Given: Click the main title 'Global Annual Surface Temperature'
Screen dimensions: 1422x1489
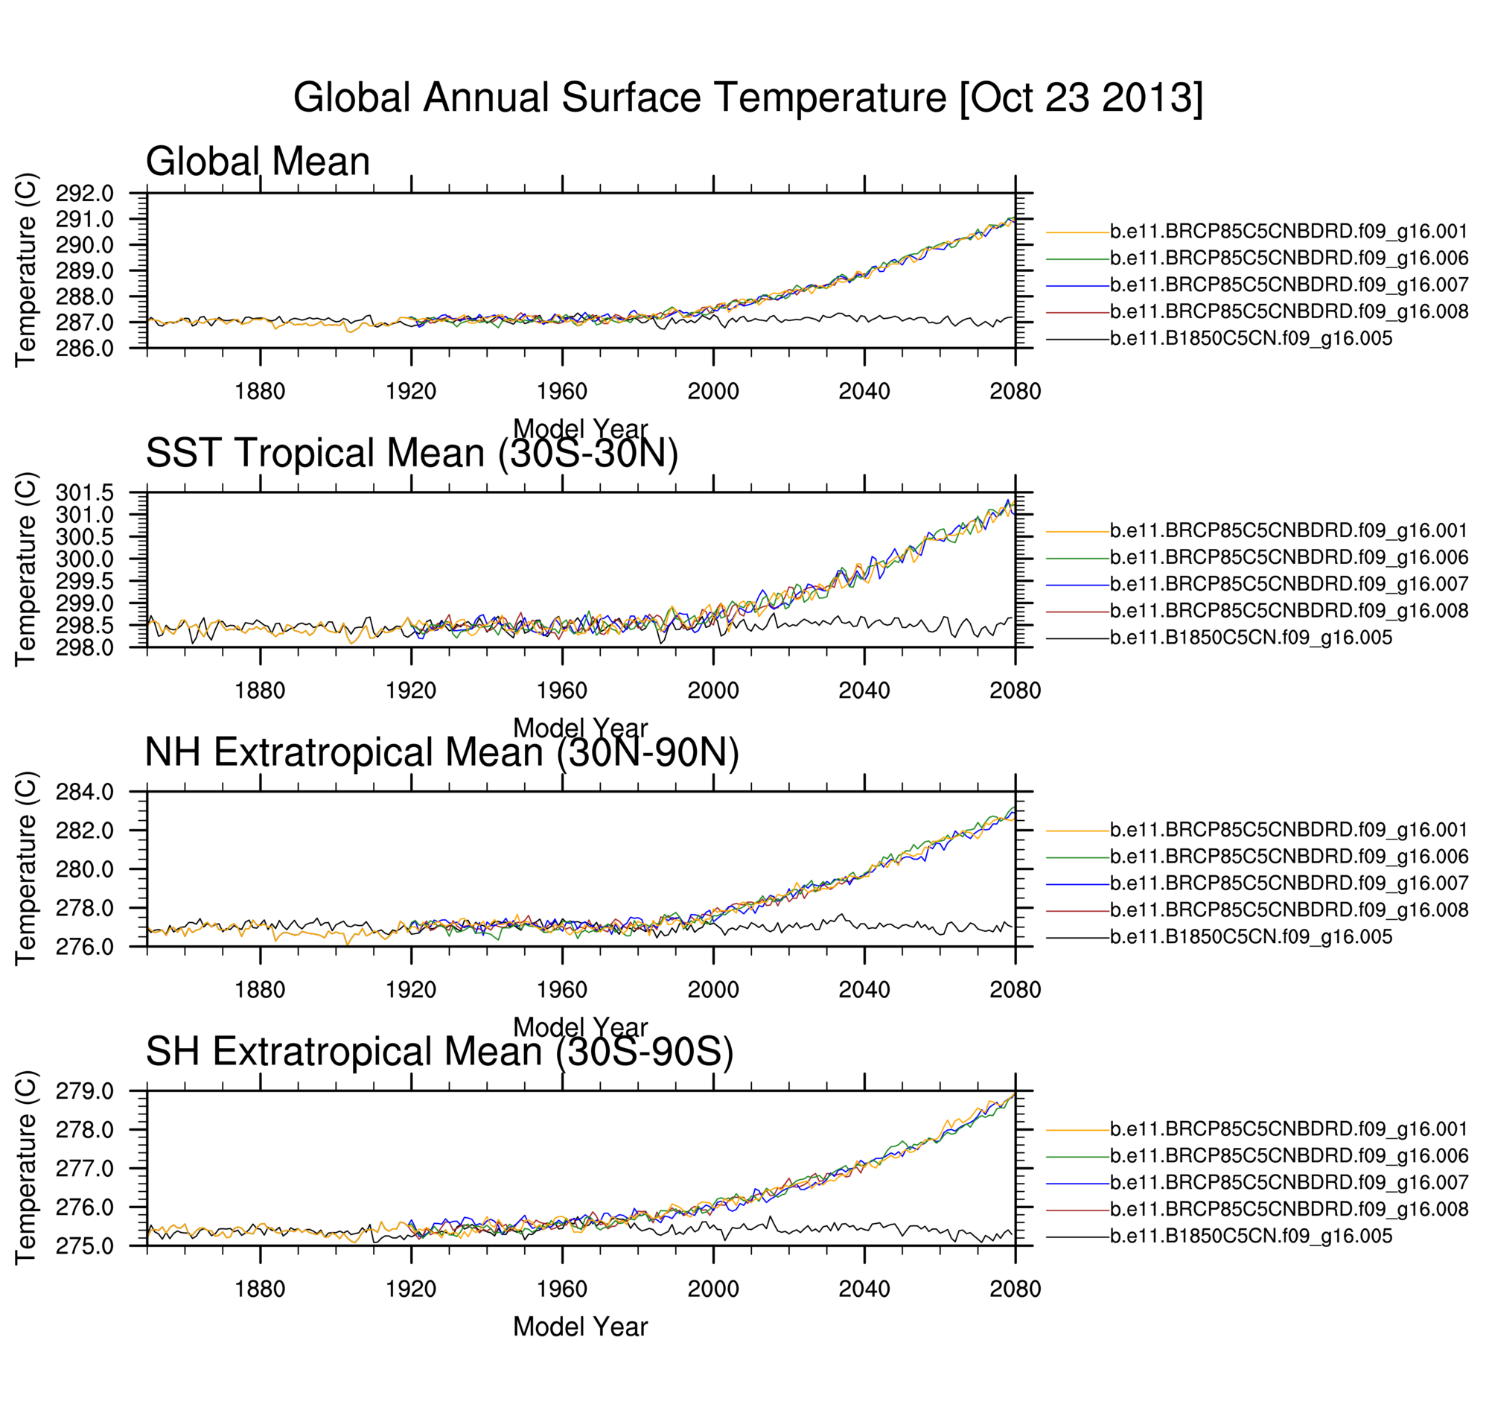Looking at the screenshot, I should (747, 98).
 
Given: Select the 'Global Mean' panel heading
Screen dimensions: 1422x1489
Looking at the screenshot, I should (258, 162).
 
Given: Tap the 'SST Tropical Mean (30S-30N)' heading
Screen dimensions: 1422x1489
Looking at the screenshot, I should (412, 454).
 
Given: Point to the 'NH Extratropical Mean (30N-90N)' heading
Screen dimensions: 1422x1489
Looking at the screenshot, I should (441, 752).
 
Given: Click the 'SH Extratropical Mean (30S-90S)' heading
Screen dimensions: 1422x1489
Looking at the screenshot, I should (439, 1051).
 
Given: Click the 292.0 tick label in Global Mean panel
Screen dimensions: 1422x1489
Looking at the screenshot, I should (84, 193).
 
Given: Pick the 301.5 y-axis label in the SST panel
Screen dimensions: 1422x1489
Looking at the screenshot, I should (84, 492).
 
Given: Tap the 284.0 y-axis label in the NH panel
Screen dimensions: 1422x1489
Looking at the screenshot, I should (84, 792).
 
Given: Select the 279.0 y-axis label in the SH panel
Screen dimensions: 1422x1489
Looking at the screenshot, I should (84, 1091).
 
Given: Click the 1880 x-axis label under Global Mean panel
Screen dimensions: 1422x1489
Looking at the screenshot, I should (260, 391).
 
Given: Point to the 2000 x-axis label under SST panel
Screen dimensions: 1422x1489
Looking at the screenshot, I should (712, 691).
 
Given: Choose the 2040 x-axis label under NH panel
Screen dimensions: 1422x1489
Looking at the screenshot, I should (863, 990).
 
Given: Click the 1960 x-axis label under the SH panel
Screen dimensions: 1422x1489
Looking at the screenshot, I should (561, 1289).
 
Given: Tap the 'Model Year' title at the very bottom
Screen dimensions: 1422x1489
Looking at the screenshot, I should (580, 1327).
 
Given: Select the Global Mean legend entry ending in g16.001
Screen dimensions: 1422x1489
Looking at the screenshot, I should (1288, 231).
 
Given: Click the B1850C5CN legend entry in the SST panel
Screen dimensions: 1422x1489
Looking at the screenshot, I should (1250, 638).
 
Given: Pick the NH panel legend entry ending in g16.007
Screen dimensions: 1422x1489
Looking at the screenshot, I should (1288, 883).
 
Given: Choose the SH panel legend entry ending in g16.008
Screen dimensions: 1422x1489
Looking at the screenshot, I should (1288, 1209).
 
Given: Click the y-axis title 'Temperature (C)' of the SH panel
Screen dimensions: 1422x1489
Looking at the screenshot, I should (26, 1167).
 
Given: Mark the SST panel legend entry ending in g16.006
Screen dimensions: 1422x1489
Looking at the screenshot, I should (1288, 557).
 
